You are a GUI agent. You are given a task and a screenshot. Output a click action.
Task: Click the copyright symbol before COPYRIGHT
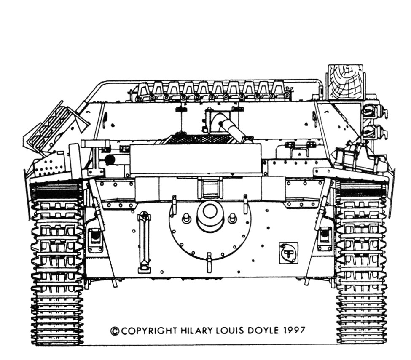pyautogui.click(x=114, y=331)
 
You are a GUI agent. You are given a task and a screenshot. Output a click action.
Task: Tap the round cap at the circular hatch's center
pyautogui.click(x=210, y=213)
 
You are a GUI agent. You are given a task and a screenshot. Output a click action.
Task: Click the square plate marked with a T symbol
pyautogui.click(x=289, y=253)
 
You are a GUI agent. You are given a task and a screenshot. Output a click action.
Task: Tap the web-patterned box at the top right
pyautogui.click(x=345, y=82)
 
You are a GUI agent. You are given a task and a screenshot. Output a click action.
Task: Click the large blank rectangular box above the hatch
pyautogui.click(x=196, y=158)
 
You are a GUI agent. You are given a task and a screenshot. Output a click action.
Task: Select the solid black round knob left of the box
pyautogui.click(x=110, y=160)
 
